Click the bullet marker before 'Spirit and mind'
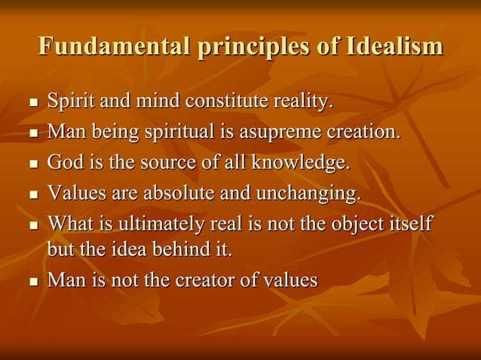[x=32, y=102]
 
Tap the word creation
[x=363, y=132]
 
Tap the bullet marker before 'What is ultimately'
[x=32, y=225]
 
